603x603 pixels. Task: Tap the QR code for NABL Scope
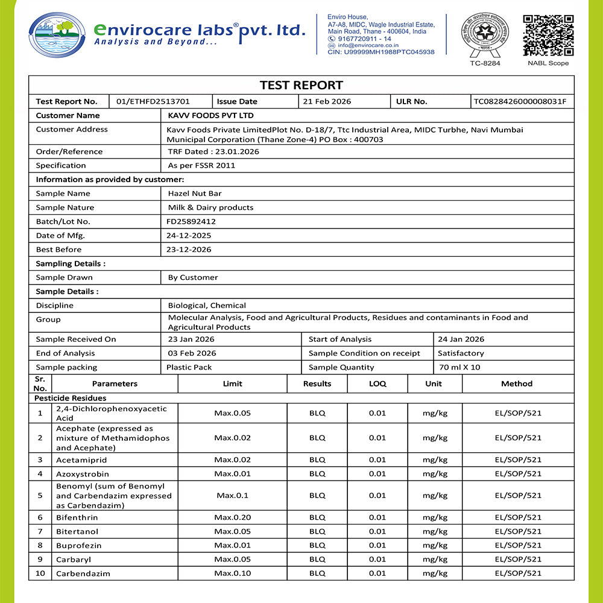point(548,35)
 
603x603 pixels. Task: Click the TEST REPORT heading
point(301,85)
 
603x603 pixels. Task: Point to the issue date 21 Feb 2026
point(327,101)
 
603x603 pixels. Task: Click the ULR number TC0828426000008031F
point(520,101)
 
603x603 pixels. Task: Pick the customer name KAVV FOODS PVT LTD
point(210,115)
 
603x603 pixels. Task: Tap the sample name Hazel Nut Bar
point(195,194)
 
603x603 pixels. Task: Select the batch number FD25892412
point(191,221)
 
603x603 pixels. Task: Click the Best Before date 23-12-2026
point(189,250)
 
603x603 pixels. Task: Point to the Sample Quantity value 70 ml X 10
point(459,367)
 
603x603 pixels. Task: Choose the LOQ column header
point(377,384)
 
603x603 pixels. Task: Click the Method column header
point(517,384)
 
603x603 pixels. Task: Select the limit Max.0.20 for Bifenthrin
point(232,517)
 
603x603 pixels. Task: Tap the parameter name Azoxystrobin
point(83,474)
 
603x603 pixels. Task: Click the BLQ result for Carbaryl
point(317,559)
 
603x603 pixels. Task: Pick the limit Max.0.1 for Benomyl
point(232,496)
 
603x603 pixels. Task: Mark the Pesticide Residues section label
point(70,398)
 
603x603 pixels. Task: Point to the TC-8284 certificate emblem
point(485,35)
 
